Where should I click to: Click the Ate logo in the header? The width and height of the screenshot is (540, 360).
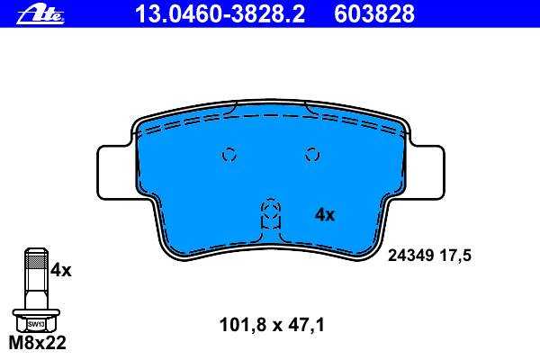tap(40, 15)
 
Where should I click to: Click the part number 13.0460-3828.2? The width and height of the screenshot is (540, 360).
tap(220, 13)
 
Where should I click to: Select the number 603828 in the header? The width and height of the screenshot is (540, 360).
tap(374, 13)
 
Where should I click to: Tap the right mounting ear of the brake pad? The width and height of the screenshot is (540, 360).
tap(427, 172)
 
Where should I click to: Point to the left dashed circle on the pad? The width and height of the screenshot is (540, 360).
tap(229, 155)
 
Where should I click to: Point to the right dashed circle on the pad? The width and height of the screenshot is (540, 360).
tap(312, 155)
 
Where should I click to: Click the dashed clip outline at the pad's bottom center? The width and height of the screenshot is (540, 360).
tap(271, 213)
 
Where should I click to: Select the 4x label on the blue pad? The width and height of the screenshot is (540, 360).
tap(325, 215)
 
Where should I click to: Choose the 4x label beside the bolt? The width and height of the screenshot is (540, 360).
tap(61, 270)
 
